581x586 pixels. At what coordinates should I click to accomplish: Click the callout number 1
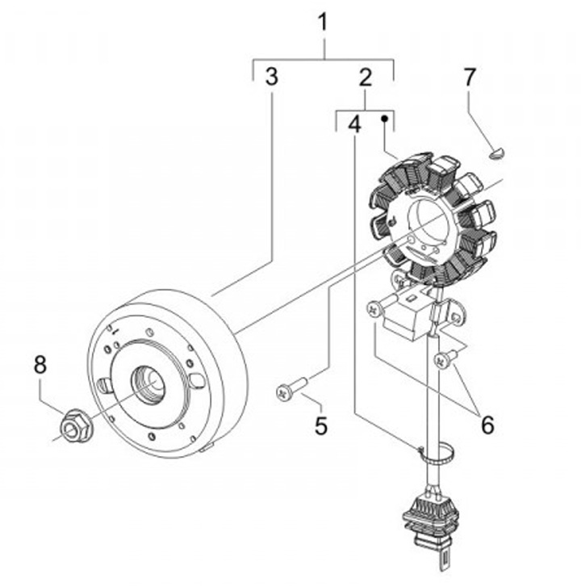coord(323,23)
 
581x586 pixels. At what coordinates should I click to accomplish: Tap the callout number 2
coord(365,77)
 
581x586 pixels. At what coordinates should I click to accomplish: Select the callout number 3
coord(272,77)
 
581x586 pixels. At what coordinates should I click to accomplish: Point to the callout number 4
coord(354,124)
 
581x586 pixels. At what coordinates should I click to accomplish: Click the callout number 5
coord(321,425)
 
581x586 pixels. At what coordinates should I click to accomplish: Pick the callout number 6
coord(487,425)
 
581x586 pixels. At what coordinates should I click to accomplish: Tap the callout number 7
coord(469,77)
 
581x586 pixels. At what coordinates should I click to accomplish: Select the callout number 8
coord(40,364)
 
